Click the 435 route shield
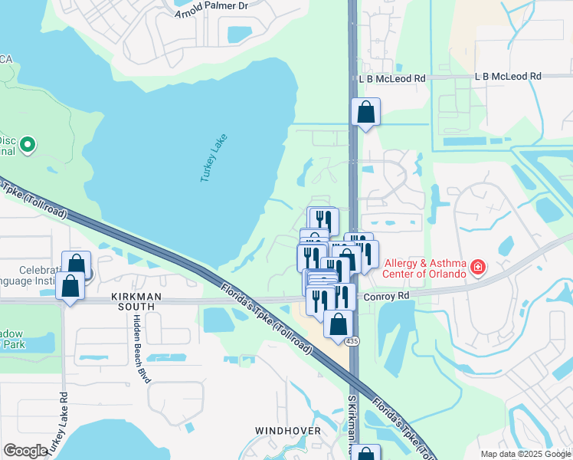[352, 340]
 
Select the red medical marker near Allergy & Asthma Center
[478, 268]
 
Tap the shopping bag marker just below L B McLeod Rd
[366, 112]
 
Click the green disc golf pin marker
[28, 143]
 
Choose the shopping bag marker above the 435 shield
[338, 324]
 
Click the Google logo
[25, 451]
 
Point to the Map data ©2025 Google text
[525, 454]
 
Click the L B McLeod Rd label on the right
[507, 77]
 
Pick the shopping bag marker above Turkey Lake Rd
[70, 286]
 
